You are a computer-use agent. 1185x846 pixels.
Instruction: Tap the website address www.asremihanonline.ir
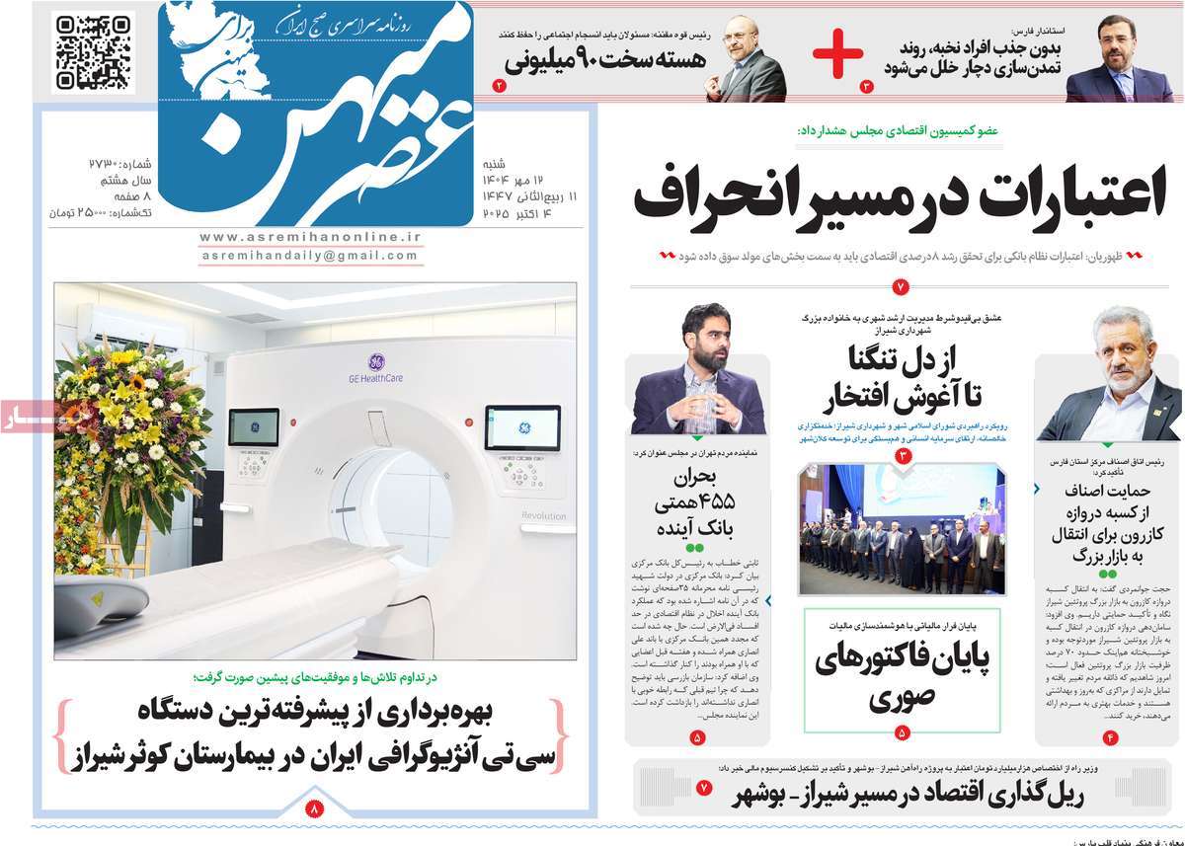pyautogui.click(x=310, y=237)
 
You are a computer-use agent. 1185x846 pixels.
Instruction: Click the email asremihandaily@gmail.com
pyautogui.click(x=310, y=256)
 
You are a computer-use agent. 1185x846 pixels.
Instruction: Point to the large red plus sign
pyautogui.click(x=837, y=54)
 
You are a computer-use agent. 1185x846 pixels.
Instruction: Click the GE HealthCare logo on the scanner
pyautogui.click(x=376, y=366)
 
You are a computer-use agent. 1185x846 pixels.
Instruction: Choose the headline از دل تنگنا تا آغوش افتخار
pyautogui.click(x=901, y=377)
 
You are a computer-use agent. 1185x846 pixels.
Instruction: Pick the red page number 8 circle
pyautogui.click(x=315, y=807)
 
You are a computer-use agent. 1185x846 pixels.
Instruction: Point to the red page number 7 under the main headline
pyautogui.click(x=901, y=287)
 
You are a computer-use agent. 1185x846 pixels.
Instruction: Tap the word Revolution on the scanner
pyautogui.click(x=544, y=516)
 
